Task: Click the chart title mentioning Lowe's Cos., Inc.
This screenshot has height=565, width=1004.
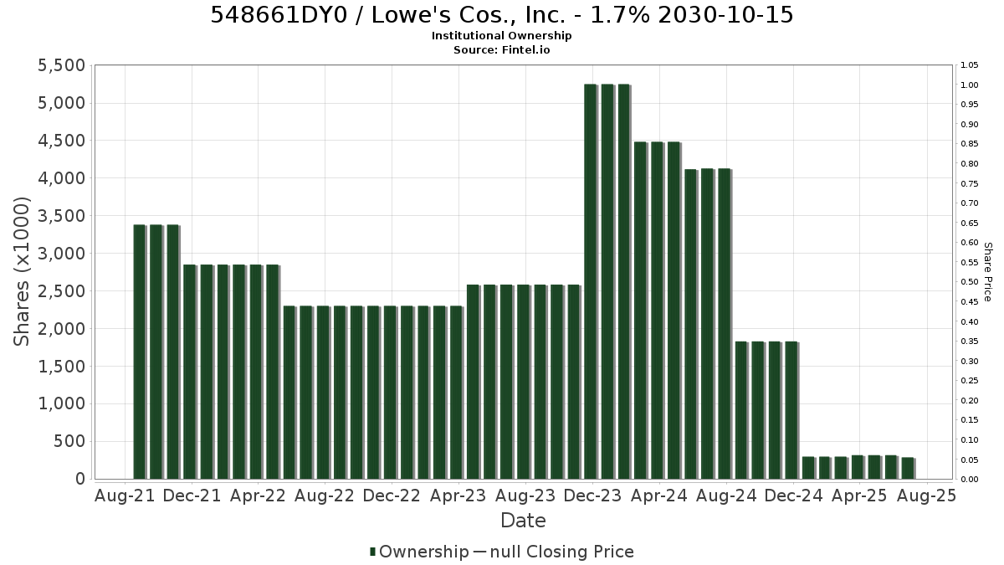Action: coord(501,15)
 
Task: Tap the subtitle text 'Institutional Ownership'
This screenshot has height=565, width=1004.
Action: coord(501,36)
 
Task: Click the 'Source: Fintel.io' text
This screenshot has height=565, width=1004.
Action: coord(501,49)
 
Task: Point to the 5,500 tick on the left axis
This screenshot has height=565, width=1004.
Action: coord(61,65)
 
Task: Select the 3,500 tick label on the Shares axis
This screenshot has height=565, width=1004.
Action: coord(61,216)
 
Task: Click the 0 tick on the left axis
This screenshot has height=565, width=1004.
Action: coord(80,479)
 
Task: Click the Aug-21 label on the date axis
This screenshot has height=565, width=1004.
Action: coord(125,496)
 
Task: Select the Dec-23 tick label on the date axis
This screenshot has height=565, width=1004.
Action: coord(592,496)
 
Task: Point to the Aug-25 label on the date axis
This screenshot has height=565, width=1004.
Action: coord(926,496)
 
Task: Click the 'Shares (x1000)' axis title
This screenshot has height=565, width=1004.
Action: coord(21,272)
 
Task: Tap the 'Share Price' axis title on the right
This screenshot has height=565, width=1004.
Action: coord(987,272)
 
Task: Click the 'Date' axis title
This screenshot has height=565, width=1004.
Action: coord(523,521)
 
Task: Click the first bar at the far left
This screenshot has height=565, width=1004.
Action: coord(140,352)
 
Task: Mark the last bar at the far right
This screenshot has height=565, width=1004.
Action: coord(908,468)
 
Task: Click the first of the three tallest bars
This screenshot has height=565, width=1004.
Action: coord(592,281)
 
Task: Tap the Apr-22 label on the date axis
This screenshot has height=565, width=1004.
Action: coord(258,496)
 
